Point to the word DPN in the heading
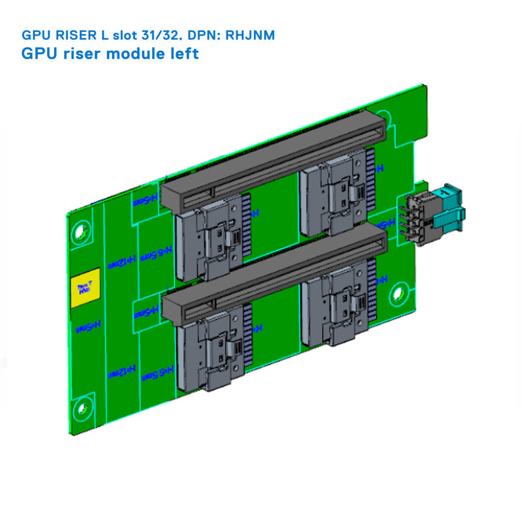tap(207, 35)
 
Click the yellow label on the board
tap(84, 286)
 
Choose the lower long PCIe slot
tap(274, 274)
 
